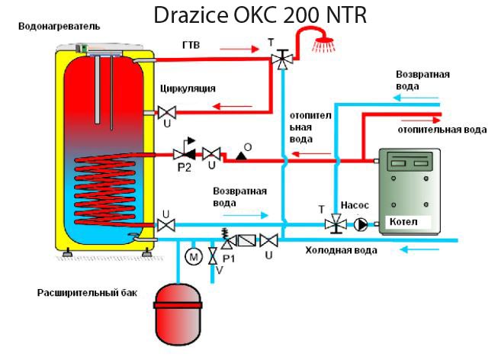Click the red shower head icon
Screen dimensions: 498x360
[x=323, y=45]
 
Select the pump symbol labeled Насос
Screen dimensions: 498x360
[x=361, y=224]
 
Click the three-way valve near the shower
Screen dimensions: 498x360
[x=282, y=59]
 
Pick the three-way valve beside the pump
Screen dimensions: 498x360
[x=336, y=223]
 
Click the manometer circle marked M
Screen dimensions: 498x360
[x=194, y=256]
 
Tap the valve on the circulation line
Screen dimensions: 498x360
[x=167, y=112]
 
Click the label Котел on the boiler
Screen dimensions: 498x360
[x=403, y=221]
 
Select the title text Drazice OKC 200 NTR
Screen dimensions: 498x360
[x=260, y=14]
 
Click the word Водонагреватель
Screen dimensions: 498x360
[x=59, y=27]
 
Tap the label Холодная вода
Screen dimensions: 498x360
[x=342, y=250]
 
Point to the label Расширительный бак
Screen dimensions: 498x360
[x=88, y=293]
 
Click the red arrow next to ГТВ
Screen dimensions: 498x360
[x=239, y=49]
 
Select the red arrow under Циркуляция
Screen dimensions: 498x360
[x=232, y=106]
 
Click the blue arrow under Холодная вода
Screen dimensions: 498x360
[x=419, y=249]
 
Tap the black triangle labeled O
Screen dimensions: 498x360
[x=242, y=156]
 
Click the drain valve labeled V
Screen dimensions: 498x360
[x=213, y=256]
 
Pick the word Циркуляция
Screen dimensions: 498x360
[x=188, y=88]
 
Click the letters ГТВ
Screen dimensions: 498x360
[x=191, y=45]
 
